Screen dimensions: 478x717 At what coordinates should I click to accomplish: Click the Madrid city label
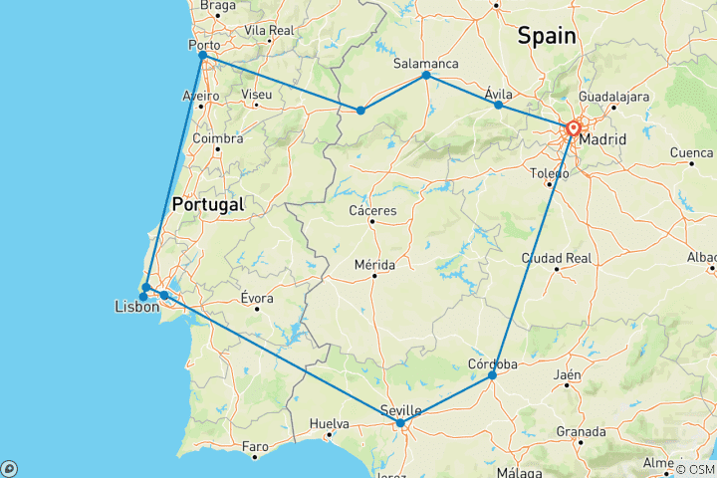coord(602,139)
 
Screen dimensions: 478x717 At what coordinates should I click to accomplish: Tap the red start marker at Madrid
coord(574,128)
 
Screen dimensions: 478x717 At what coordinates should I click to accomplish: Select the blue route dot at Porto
coord(203,56)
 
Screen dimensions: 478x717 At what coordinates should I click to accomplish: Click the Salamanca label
coord(425,62)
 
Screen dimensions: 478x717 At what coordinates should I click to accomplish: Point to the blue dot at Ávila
coord(498,105)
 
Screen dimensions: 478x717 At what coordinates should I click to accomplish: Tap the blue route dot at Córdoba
coord(492,375)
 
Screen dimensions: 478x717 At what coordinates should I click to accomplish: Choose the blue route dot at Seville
coord(400,423)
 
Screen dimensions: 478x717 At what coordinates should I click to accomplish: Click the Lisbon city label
coord(136,308)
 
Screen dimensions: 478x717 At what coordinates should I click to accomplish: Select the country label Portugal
coord(207,204)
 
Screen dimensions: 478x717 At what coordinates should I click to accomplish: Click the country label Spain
coord(546,36)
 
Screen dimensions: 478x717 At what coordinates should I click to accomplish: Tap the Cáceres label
coord(373,211)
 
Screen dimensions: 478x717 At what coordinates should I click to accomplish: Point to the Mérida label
coord(373,265)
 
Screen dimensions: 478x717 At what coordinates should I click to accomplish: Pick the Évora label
coord(256,298)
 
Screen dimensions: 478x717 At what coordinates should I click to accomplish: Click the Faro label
coord(256,445)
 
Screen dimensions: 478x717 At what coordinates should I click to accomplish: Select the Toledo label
coord(549,173)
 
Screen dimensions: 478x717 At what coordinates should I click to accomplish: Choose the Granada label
coord(583,431)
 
